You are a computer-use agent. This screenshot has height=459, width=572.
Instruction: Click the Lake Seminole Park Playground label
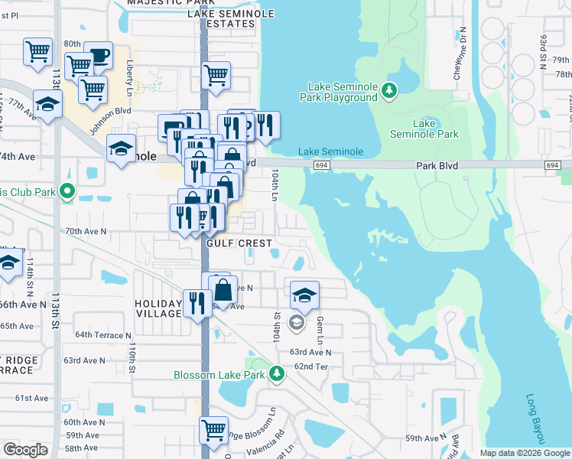click(343, 92)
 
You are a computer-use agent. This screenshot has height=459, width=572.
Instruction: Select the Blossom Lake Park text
click(219, 375)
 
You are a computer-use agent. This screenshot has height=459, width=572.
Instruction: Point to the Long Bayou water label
click(535, 419)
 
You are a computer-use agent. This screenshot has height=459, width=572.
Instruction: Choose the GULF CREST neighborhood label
click(239, 243)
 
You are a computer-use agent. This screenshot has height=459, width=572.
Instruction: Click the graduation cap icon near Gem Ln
click(304, 294)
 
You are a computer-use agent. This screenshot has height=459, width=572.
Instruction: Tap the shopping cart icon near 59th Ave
click(214, 428)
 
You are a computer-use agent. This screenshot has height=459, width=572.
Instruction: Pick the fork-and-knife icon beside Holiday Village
click(197, 302)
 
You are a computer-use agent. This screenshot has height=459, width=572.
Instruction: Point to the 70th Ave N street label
click(86, 230)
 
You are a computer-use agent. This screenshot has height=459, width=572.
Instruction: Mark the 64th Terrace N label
click(103, 335)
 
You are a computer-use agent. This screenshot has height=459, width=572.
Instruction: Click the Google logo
click(25, 450)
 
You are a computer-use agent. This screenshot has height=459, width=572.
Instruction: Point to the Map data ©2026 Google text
click(524, 453)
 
